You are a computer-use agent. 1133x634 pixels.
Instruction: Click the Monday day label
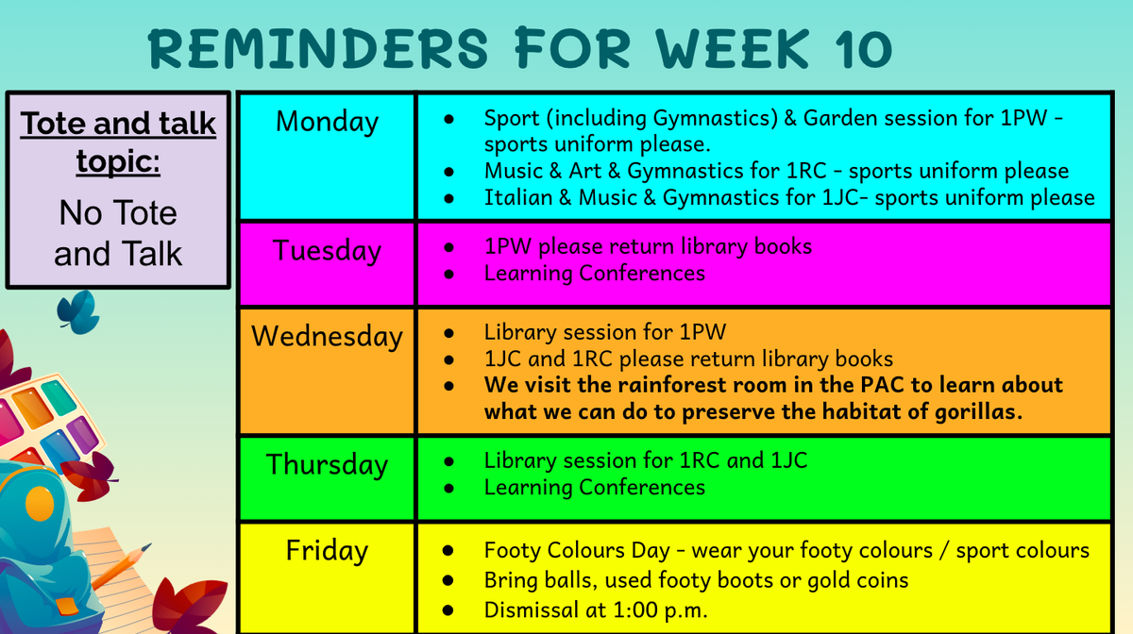point(327,122)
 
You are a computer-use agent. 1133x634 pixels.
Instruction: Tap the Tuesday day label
point(327,251)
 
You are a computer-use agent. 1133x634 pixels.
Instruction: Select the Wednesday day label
point(327,337)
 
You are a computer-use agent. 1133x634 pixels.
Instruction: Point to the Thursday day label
point(327,465)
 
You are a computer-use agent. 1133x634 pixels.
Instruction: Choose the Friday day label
point(327,551)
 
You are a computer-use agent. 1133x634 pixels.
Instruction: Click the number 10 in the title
point(863,48)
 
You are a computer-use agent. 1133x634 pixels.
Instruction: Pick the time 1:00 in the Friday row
point(634,610)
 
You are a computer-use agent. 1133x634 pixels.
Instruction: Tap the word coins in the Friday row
point(882,580)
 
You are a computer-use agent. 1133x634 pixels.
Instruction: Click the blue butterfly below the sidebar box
point(79,312)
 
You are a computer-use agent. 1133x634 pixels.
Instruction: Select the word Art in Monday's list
point(583,171)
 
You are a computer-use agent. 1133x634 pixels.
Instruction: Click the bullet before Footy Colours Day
point(448,551)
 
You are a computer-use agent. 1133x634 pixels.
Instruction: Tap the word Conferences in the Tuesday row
point(642,274)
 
